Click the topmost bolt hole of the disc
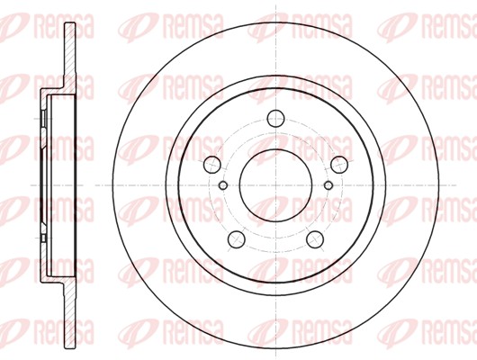tap(275, 119)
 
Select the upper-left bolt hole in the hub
tap(211, 165)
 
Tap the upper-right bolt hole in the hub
tap(339, 165)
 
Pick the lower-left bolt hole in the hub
tap(237, 239)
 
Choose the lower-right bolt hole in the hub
tap(315, 239)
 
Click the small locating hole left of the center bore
tap(223, 185)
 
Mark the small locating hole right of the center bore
tap(328, 185)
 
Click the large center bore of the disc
tap(275, 185)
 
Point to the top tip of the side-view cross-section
tap(70, 23)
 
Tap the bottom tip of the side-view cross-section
tap(70, 347)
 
